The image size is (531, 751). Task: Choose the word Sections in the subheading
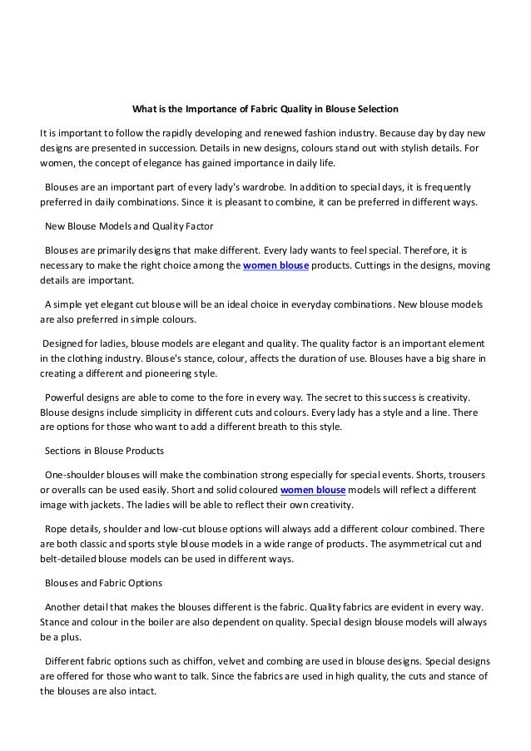click(x=63, y=451)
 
